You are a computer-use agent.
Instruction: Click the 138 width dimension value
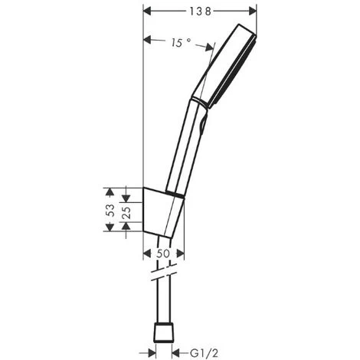coord(200,11)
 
